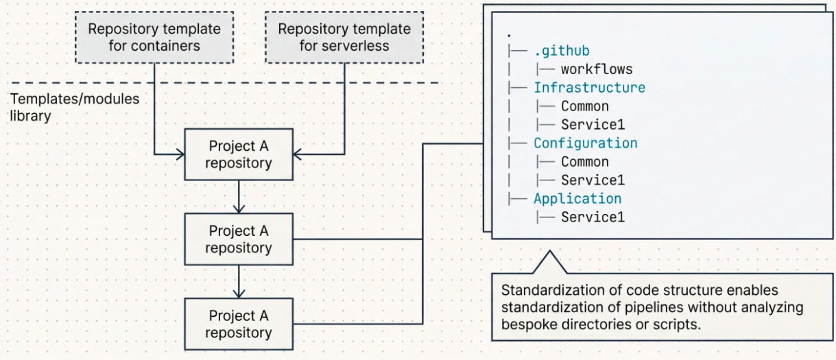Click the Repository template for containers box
click(154, 38)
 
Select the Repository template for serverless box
click(344, 38)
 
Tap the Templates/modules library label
click(74, 107)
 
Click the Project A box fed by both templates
click(239, 154)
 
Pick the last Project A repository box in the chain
click(239, 324)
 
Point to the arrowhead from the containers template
click(181, 155)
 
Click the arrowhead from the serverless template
click(297, 155)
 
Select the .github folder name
click(561, 51)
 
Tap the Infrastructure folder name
click(589, 88)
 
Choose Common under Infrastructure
click(584, 106)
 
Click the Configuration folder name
click(585, 143)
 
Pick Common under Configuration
click(584, 162)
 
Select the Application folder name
click(577, 199)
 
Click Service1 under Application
click(593, 217)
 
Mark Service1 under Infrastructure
click(593, 125)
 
